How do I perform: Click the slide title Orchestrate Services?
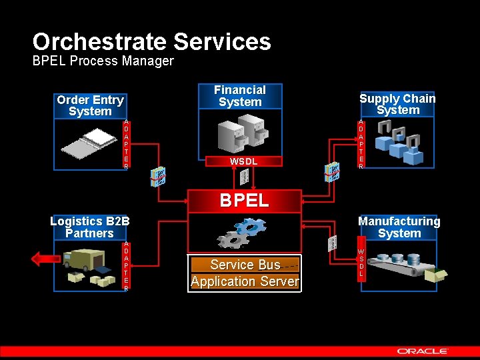point(151,42)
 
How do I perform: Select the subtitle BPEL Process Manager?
point(103,61)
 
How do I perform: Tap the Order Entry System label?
point(90,105)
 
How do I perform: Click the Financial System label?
point(240,95)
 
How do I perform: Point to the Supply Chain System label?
point(397,104)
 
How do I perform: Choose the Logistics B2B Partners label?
point(90,227)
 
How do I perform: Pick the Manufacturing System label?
point(399,227)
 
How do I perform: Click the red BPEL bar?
point(244,200)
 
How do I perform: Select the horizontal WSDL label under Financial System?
point(243,161)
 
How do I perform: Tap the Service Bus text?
point(245,265)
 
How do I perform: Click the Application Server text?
point(245,281)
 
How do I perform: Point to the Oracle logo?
point(423,351)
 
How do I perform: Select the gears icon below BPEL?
point(241,233)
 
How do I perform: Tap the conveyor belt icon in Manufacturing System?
point(398,265)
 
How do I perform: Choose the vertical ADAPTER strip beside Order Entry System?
point(126,144)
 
